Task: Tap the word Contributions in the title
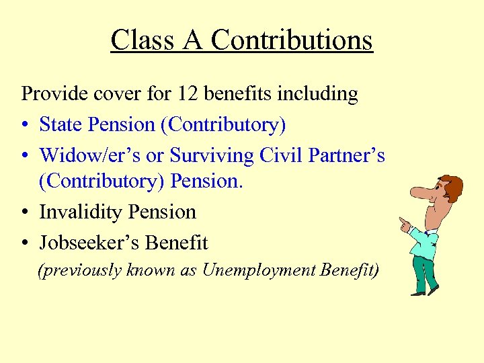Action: point(291,40)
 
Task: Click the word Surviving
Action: point(212,155)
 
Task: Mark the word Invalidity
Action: point(81,212)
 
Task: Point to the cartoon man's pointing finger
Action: point(401,219)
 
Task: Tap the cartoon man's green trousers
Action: point(424,269)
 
